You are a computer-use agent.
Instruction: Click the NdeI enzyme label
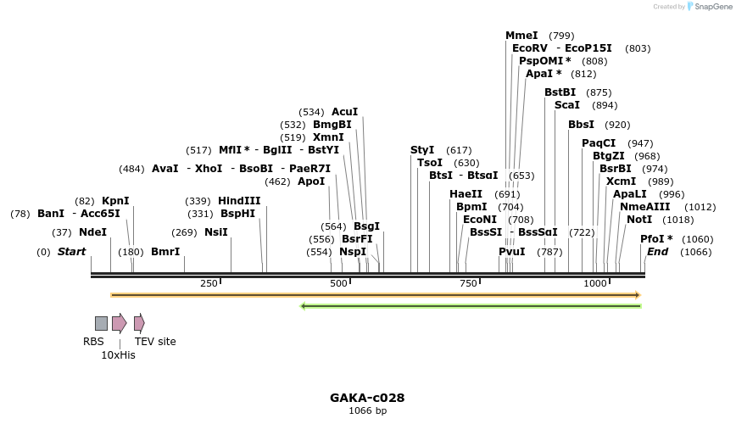tap(93, 232)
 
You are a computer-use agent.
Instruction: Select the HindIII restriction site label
tap(239, 201)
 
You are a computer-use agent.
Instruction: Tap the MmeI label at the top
tap(521, 36)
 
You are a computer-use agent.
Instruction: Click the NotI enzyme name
tap(639, 220)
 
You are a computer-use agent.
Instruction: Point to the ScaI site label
tap(567, 105)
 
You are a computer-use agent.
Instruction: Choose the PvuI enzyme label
tap(511, 252)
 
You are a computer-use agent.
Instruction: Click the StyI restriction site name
tap(422, 150)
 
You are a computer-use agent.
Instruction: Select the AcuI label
tap(344, 112)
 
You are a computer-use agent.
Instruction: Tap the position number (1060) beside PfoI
tap(697, 239)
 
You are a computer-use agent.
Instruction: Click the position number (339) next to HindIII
tap(198, 201)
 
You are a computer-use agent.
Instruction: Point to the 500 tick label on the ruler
tap(338, 283)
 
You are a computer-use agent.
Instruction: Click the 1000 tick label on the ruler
tap(595, 283)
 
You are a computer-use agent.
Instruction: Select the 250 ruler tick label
tap(209, 283)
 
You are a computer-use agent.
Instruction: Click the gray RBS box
tap(101, 323)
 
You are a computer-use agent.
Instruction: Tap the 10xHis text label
tap(118, 355)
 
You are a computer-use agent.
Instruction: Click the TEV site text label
tap(155, 342)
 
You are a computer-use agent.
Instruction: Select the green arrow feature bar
tap(471, 306)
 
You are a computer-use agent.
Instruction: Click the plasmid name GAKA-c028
tap(367, 397)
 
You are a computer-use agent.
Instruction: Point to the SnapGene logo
tap(710, 6)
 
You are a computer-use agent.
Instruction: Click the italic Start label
tap(72, 252)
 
